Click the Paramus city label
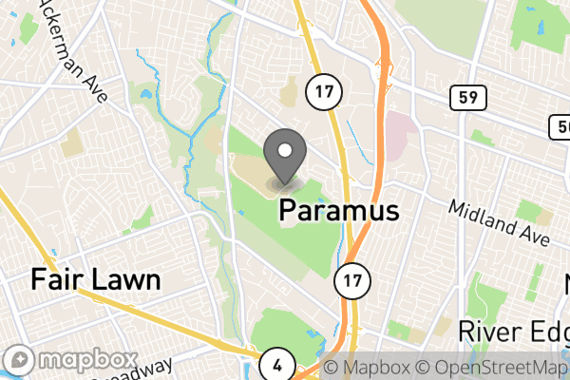coord(338,211)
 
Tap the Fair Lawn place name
coord(95,279)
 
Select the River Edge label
coord(513,331)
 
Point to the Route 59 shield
coord(463,95)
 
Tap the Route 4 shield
coord(276,363)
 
